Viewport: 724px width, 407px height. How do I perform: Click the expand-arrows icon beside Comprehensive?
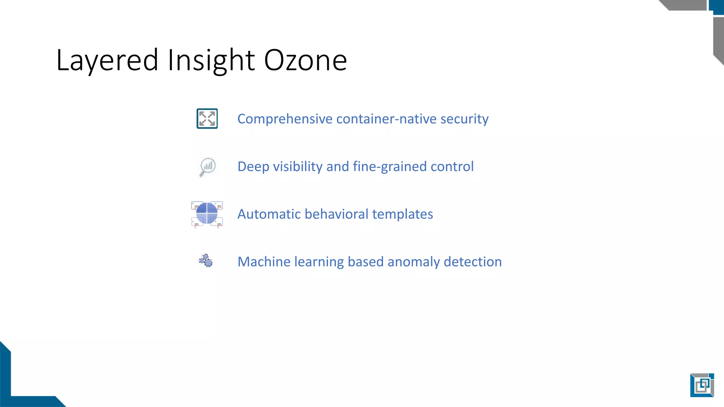point(207,119)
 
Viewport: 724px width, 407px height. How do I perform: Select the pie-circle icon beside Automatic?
point(207,214)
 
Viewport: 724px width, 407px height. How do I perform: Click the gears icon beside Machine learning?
point(206,261)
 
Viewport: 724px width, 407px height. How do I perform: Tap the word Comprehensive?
point(285,119)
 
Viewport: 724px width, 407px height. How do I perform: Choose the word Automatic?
point(269,214)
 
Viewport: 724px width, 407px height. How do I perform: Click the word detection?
point(473,262)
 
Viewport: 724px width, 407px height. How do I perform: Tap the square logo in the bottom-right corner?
point(702,385)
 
